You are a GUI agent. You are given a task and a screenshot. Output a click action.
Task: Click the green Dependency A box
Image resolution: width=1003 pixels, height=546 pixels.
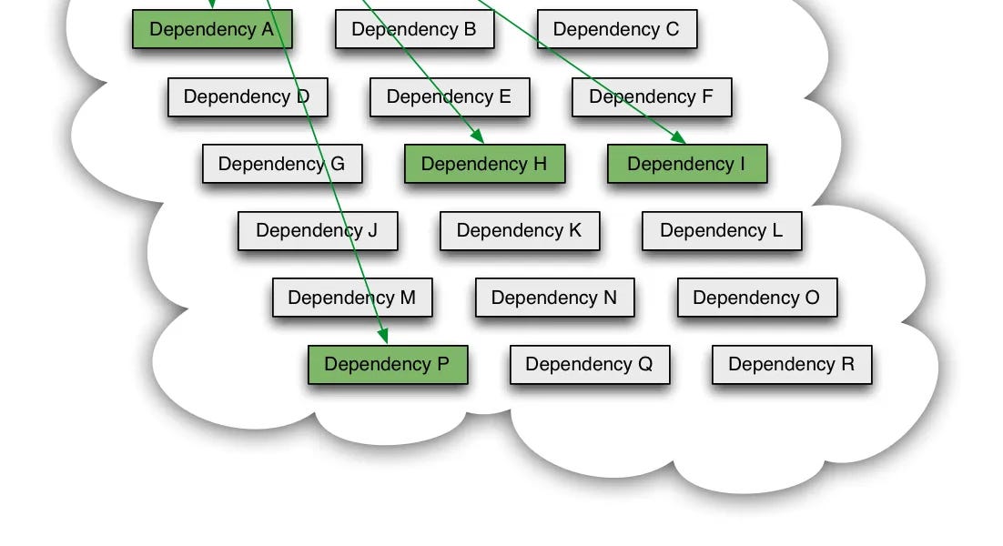click(x=212, y=29)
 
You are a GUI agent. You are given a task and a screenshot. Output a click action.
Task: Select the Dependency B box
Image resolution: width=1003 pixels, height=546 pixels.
click(x=414, y=29)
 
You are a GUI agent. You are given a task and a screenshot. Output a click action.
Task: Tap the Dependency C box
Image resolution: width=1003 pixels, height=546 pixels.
click(x=616, y=29)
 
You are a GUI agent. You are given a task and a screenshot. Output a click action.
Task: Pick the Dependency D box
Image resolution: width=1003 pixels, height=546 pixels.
click(x=247, y=96)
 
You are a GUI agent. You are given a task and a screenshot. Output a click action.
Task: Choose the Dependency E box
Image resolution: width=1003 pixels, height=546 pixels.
click(x=449, y=96)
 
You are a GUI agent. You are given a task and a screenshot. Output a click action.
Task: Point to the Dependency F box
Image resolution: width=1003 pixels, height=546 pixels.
click(x=651, y=96)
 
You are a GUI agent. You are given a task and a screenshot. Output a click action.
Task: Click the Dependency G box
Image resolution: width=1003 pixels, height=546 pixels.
click(x=281, y=164)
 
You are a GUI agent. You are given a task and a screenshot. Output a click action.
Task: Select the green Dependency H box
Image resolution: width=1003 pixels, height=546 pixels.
click(x=484, y=164)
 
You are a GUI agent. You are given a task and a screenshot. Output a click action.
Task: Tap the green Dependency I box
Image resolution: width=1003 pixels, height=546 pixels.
click(x=686, y=164)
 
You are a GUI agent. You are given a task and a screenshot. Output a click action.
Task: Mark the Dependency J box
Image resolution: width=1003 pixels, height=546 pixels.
click(x=317, y=230)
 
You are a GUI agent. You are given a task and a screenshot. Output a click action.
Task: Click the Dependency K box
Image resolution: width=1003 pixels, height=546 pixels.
click(x=519, y=230)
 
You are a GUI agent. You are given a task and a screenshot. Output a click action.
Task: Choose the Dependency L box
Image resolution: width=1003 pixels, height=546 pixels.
click(x=721, y=230)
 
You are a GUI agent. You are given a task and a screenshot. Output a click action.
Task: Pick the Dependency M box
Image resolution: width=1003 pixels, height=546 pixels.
click(x=351, y=298)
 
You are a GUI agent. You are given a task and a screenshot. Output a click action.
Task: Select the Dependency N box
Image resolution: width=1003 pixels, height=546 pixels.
click(x=554, y=298)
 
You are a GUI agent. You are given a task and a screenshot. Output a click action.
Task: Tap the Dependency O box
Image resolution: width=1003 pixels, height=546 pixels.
click(x=756, y=298)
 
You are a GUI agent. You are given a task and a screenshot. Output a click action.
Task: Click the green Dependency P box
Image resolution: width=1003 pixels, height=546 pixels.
click(x=387, y=364)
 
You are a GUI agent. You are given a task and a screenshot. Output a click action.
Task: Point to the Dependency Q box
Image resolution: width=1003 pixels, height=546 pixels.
click(x=589, y=364)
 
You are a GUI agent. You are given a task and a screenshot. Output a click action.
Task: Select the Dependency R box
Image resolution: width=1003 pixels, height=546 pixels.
click(x=791, y=364)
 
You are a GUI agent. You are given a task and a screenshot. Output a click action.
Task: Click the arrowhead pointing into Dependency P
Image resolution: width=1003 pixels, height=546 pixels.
click(x=385, y=338)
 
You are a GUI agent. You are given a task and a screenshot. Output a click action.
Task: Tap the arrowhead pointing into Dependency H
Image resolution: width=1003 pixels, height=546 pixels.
click(x=478, y=137)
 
